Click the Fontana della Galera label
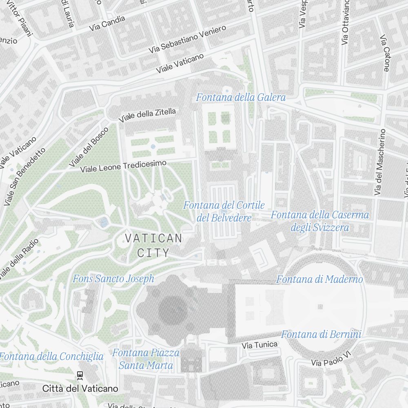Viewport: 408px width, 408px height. pyautogui.click(x=241, y=98)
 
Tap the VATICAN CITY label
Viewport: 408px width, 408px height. pyautogui.click(x=153, y=246)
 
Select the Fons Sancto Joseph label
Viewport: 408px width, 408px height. pyautogui.click(x=113, y=279)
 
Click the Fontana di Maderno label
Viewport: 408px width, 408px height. pyautogui.click(x=319, y=279)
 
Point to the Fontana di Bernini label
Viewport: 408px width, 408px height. pyautogui.click(x=321, y=335)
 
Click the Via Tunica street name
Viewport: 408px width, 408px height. pyautogui.click(x=259, y=345)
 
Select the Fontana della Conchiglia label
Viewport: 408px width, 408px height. pyautogui.click(x=52, y=357)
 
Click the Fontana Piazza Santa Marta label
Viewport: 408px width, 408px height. pyautogui.click(x=146, y=359)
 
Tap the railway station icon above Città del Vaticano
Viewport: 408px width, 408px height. pyautogui.click(x=80, y=375)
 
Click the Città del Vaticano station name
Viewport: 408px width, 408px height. pyautogui.click(x=80, y=388)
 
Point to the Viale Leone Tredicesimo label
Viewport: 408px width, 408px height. pyautogui.click(x=124, y=166)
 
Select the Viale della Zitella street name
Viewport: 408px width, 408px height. pyautogui.click(x=147, y=115)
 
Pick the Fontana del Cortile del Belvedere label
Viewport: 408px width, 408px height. pyautogui.click(x=224, y=211)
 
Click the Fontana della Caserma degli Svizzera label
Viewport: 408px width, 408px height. pyautogui.click(x=320, y=221)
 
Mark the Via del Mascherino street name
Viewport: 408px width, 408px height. pyautogui.click(x=380, y=162)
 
